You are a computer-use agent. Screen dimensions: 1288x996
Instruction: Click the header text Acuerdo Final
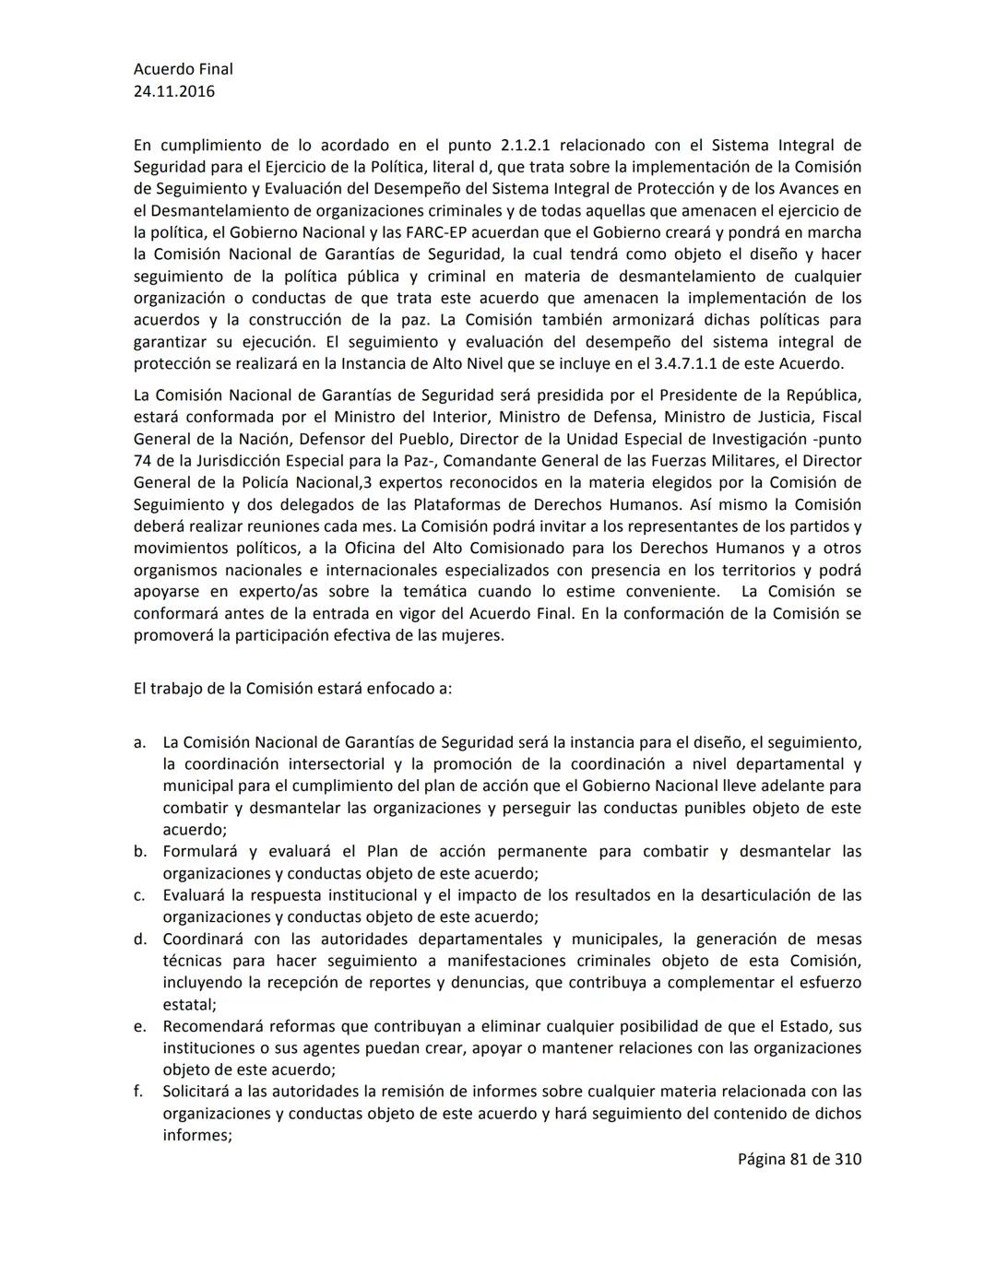[183, 69]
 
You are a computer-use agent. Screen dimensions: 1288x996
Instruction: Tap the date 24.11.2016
[174, 91]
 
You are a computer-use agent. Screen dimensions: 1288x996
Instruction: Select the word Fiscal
[839, 417]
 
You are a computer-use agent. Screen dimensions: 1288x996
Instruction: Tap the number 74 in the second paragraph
[143, 460]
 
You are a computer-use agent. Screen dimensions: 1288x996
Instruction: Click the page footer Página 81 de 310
[799, 1159]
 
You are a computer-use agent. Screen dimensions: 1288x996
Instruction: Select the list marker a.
[139, 742]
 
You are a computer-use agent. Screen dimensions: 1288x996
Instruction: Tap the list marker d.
[139, 939]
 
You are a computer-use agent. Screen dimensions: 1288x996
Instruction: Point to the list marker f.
[138, 1092]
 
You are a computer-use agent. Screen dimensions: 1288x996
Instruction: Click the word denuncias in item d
[491, 983]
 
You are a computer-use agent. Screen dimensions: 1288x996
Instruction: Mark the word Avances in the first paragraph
[832, 189]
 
